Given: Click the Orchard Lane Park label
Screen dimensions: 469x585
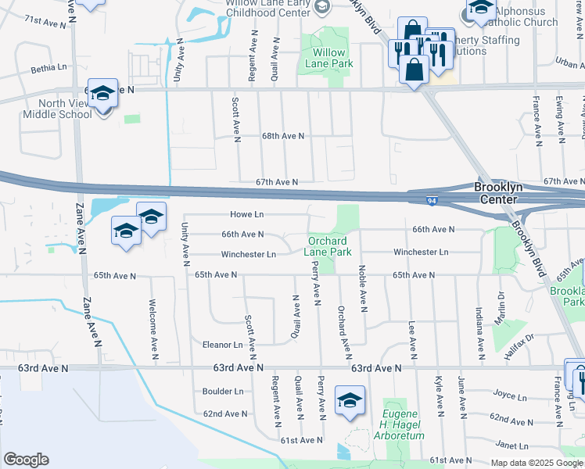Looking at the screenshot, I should [329, 246].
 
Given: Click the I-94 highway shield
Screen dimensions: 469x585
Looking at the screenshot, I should [432, 202].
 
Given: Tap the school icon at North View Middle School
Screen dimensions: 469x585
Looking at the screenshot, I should [102, 94].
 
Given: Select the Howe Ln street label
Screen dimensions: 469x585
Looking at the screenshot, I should [247, 214].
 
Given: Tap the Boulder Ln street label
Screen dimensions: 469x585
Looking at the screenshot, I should [223, 392].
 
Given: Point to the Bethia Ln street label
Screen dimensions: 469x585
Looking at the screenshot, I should [48, 69].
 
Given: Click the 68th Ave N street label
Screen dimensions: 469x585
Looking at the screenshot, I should [282, 136].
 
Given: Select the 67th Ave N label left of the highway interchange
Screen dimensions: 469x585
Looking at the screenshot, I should [277, 182].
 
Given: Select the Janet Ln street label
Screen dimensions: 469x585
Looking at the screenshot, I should [512, 446].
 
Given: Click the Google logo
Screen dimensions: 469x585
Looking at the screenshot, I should [26, 460].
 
